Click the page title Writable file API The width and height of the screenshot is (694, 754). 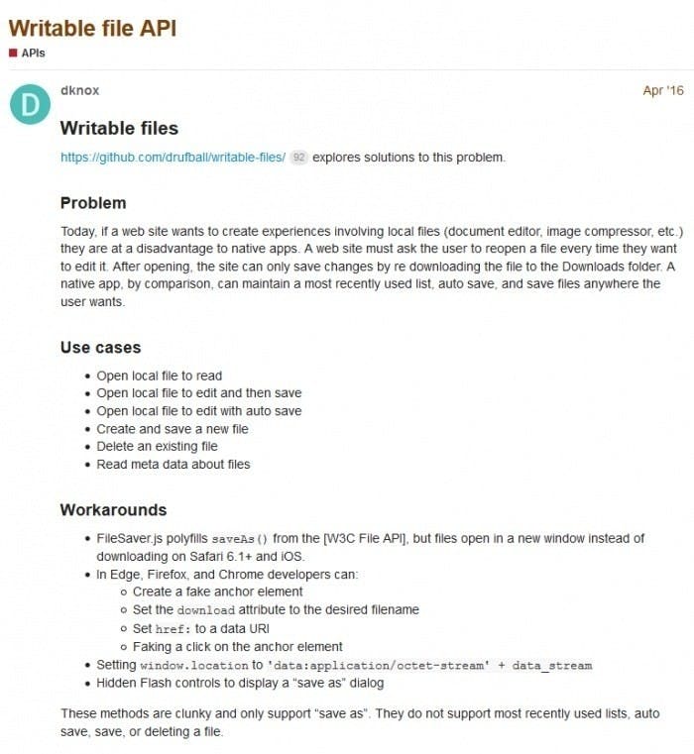coord(92,27)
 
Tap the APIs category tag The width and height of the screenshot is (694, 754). coord(33,53)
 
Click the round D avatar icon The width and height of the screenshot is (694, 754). coord(30,105)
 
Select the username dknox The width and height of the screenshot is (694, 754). coord(80,91)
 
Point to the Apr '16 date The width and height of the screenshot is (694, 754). coord(662,91)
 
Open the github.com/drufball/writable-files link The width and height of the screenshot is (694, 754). coord(173,158)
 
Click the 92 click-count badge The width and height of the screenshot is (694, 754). coord(298,158)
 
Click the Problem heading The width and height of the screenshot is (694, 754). coord(93,203)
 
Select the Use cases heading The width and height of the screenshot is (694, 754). coord(100,348)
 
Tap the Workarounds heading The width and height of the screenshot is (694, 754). coord(113,510)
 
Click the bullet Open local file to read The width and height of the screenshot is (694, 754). coord(159,377)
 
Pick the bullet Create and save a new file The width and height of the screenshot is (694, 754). coord(173,429)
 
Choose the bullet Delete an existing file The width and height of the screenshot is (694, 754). coord(157,447)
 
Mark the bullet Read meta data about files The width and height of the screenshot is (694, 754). coord(173,465)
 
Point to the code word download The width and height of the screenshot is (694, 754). coord(205,610)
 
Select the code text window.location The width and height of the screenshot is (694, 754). coord(188,665)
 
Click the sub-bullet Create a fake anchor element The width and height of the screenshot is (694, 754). coord(217,592)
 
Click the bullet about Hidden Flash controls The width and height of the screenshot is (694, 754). coord(239,683)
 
